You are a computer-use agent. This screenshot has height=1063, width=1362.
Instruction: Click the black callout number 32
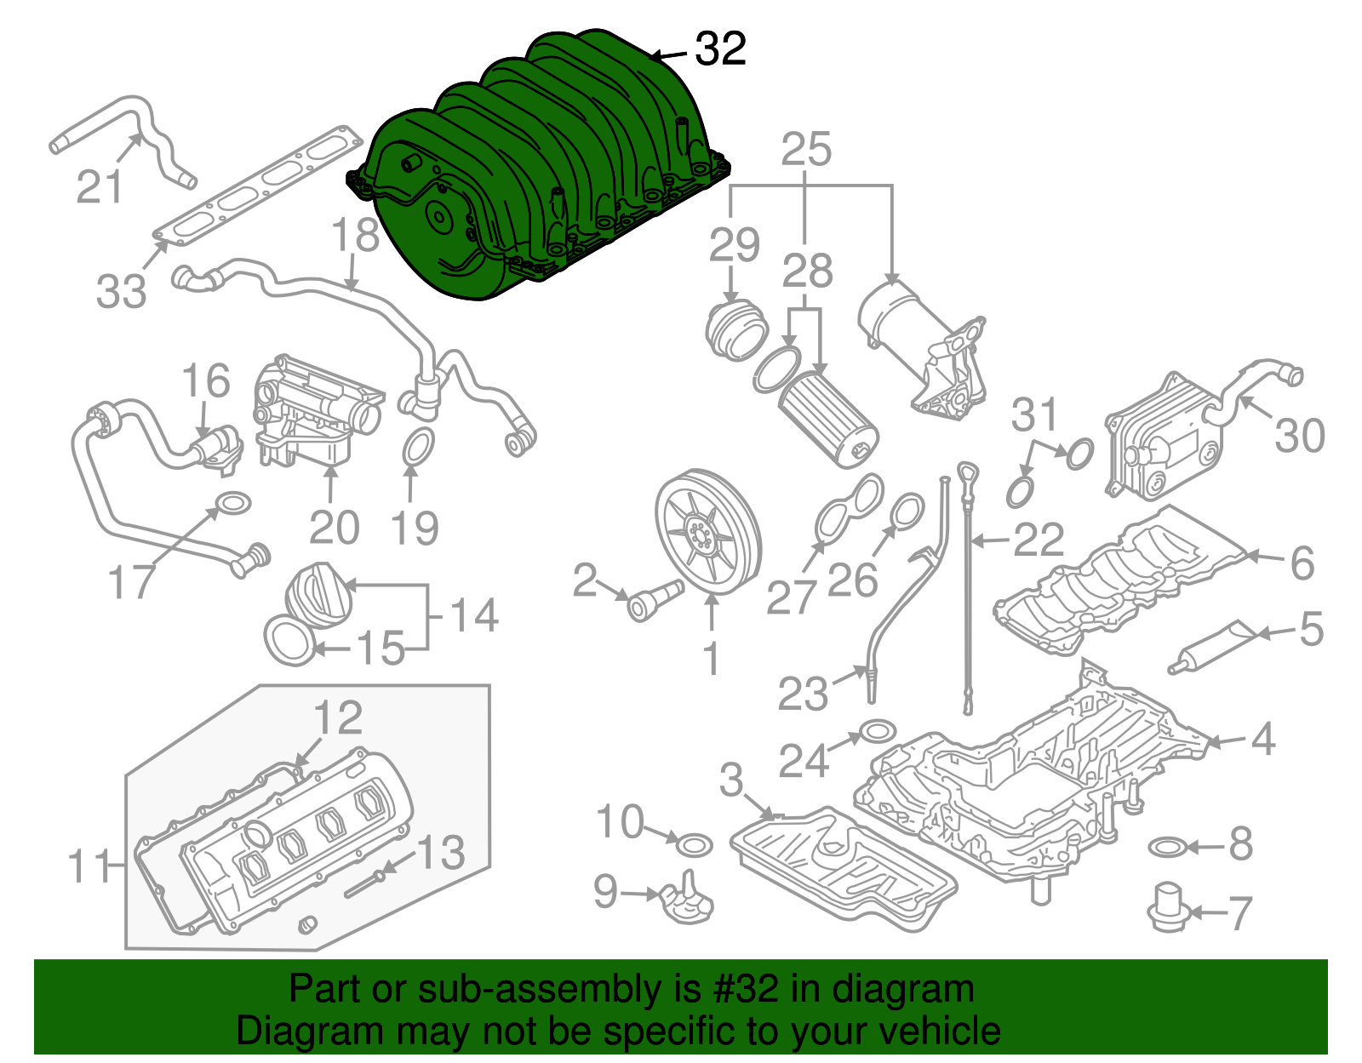click(720, 49)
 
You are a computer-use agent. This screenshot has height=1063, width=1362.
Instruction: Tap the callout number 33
click(121, 290)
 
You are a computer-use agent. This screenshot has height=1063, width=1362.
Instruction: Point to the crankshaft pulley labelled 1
click(708, 532)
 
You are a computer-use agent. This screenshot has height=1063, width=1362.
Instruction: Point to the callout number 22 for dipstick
click(1039, 540)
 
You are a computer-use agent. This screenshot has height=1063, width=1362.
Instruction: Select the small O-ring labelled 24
click(878, 732)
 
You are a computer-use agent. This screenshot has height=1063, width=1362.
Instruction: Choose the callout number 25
click(805, 150)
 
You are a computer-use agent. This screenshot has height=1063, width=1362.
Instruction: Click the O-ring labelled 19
click(416, 448)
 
